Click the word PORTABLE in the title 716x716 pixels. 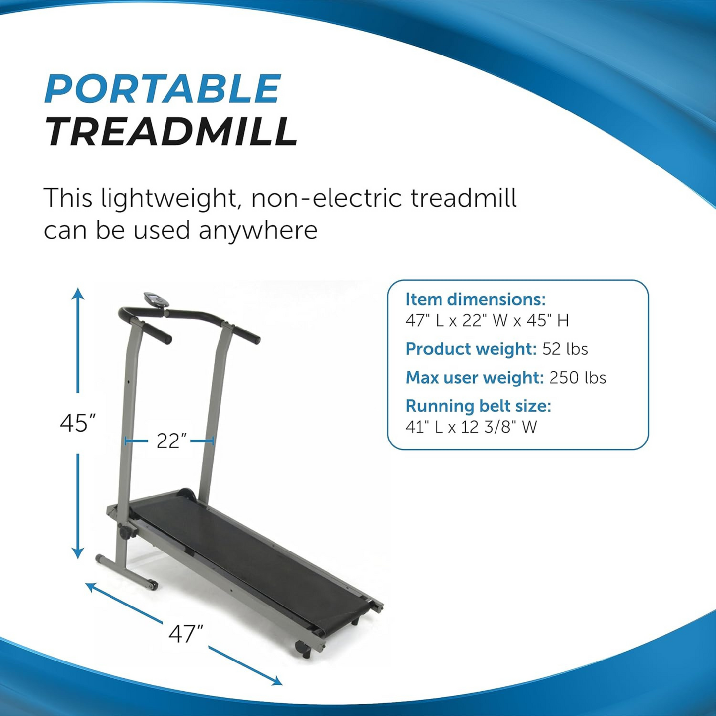coord(163,89)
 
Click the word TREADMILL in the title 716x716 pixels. coord(171,132)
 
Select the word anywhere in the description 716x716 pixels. coord(258,230)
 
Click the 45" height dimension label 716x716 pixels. coord(77,423)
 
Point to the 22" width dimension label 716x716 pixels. coord(171,441)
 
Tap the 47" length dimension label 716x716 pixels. coord(186,634)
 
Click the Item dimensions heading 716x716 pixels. coord(475,299)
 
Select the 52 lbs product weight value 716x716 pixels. coord(565,349)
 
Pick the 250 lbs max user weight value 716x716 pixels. coord(577,378)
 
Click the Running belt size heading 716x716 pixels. coord(478,406)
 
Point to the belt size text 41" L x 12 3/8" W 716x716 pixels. coord(471,427)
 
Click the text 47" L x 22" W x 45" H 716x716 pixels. coord(487,321)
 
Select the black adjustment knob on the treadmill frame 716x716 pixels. coord(125,532)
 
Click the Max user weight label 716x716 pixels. coord(475,378)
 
